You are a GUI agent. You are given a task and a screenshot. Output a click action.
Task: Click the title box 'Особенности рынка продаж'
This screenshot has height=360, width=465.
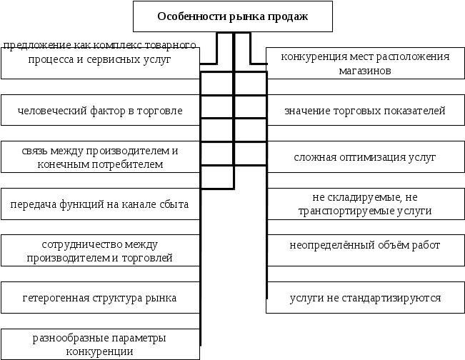[x=232, y=16]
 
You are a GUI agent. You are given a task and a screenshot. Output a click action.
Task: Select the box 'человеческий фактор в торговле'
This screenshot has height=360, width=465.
[x=100, y=111]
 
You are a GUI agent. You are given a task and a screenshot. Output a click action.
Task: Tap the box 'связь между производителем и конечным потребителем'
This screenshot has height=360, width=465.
[x=100, y=158]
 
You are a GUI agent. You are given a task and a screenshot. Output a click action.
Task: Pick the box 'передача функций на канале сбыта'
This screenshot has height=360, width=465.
[x=100, y=205]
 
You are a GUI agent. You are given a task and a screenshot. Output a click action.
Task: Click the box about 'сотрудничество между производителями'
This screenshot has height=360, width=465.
[x=100, y=251]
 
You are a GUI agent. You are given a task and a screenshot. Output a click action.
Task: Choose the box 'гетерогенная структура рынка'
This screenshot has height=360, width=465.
[x=100, y=298]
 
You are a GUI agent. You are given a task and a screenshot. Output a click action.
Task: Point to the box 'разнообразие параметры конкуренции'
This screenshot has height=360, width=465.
[x=100, y=344]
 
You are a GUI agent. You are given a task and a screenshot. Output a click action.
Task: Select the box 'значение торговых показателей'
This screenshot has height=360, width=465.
[x=365, y=111]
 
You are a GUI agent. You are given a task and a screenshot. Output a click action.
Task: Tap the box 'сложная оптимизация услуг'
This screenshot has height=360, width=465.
[x=365, y=157]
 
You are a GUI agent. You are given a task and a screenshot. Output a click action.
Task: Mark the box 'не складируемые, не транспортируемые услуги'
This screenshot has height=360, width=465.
[x=365, y=204]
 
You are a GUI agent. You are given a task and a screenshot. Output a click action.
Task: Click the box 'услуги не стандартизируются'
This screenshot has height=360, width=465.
[x=365, y=298]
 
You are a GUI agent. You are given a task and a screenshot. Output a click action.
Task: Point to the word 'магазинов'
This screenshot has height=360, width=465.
[x=365, y=71]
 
